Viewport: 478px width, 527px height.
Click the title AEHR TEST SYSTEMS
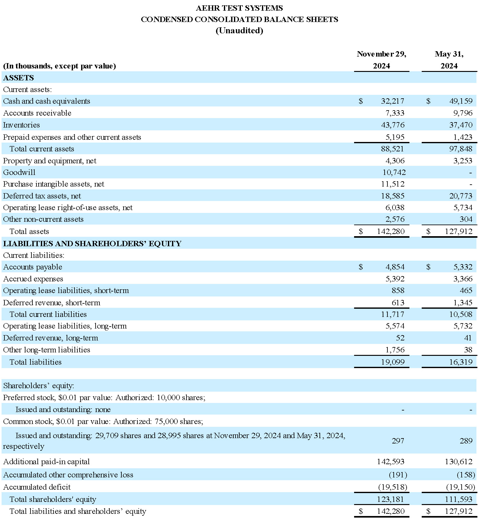tap(239, 8)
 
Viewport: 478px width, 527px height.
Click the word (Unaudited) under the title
tap(239, 30)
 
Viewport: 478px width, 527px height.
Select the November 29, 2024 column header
tap(381, 60)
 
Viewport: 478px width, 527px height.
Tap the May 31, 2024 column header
tap(449, 60)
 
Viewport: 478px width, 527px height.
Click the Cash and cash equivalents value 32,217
tap(392, 101)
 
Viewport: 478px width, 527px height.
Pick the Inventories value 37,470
tap(461, 125)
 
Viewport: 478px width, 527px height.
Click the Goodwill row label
tap(19, 172)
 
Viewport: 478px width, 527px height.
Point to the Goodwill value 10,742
tap(394, 172)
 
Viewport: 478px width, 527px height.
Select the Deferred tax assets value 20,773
tap(461, 196)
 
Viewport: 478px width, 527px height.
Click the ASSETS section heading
tap(19, 78)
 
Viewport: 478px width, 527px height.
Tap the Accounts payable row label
tap(33, 267)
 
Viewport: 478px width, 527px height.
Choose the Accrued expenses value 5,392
tap(395, 279)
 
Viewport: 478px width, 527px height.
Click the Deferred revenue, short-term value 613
tap(398, 303)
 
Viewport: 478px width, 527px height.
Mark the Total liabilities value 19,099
tap(393, 362)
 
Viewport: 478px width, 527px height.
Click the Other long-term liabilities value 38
tap(468, 350)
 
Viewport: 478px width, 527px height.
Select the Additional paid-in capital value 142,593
tap(391, 462)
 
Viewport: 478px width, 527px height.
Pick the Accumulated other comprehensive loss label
tap(68, 475)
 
